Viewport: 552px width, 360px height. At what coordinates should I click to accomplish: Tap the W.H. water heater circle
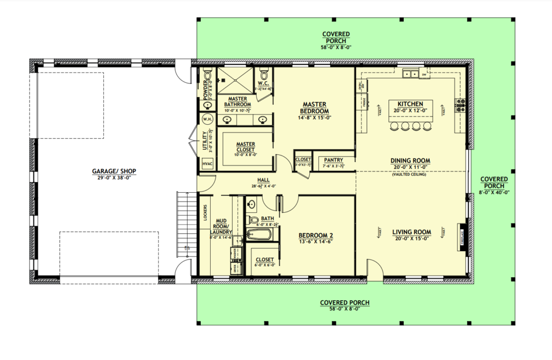tap(208, 119)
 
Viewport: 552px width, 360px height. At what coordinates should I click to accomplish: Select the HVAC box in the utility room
tap(208, 164)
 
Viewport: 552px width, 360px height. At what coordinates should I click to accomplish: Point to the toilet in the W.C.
tap(264, 73)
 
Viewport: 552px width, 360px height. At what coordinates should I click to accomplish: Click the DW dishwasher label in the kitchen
tap(424, 75)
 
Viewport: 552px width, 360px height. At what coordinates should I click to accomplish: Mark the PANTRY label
tap(333, 160)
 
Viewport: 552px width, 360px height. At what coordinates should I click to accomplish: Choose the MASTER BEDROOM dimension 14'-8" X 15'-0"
tap(314, 118)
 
